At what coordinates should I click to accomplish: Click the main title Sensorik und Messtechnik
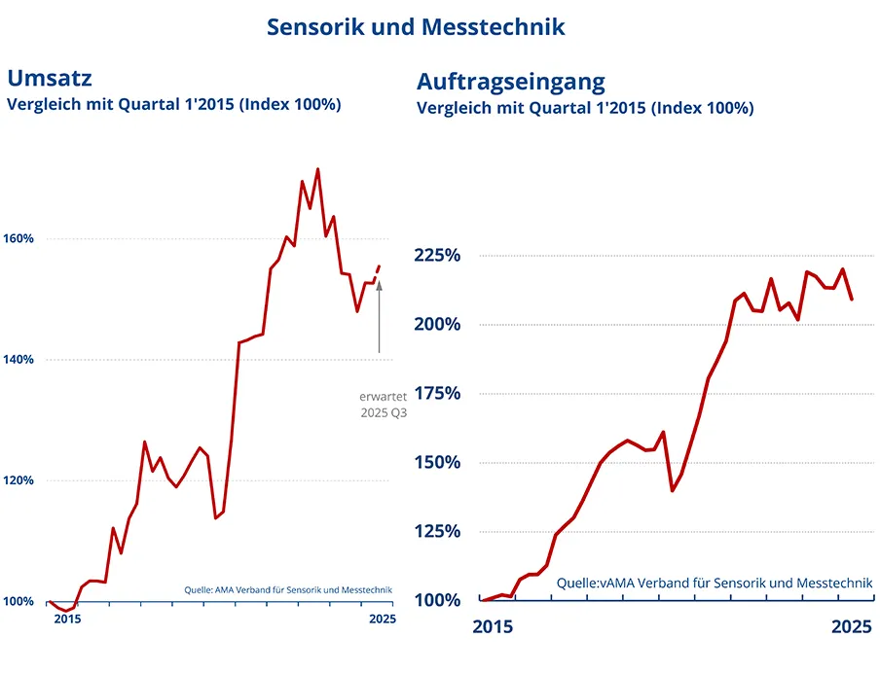point(416,26)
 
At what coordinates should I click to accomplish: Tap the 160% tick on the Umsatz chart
point(18,238)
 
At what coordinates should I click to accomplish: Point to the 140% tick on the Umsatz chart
point(18,360)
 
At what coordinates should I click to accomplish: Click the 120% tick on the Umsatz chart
point(18,480)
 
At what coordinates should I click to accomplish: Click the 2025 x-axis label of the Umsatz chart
point(382,620)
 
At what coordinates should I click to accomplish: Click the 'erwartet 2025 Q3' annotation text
point(383,405)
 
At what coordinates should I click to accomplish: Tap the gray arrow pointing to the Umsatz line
point(379,316)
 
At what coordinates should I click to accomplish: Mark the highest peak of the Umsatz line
point(318,170)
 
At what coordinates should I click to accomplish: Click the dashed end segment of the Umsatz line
point(377,271)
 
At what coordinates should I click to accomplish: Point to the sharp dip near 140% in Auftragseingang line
point(673,489)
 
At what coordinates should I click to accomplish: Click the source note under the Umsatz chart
point(288,588)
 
